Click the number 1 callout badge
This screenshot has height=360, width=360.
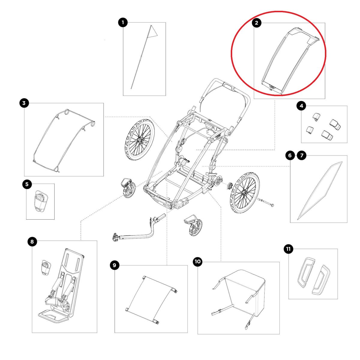[123, 22]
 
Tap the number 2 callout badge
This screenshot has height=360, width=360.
[256, 22]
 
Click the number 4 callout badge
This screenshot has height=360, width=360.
[301, 106]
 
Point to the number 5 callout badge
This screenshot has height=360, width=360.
[27, 184]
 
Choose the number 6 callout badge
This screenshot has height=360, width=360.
[290, 155]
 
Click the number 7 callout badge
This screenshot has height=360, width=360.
[301, 155]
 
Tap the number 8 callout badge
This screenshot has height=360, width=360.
[32, 241]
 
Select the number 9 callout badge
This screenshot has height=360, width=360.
[115, 265]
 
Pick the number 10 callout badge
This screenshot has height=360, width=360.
[197, 262]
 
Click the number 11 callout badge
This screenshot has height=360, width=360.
[289, 249]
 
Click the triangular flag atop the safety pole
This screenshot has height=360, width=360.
[154, 31]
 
